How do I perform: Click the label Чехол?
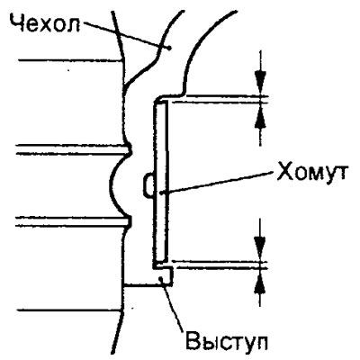[x=45, y=23]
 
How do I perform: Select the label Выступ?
[x=227, y=341]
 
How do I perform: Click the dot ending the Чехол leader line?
[x=170, y=47]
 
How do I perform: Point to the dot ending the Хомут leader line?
[x=161, y=193]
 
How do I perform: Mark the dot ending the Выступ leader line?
[x=162, y=279]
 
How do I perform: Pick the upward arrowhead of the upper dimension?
[x=260, y=115]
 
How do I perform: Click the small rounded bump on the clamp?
[x=148, y=186]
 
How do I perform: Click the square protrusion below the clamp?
[x=165, y=275]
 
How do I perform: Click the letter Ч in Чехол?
[x=17, y=23]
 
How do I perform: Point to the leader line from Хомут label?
[x=218, y=183]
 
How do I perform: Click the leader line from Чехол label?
[x=126, y=34]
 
